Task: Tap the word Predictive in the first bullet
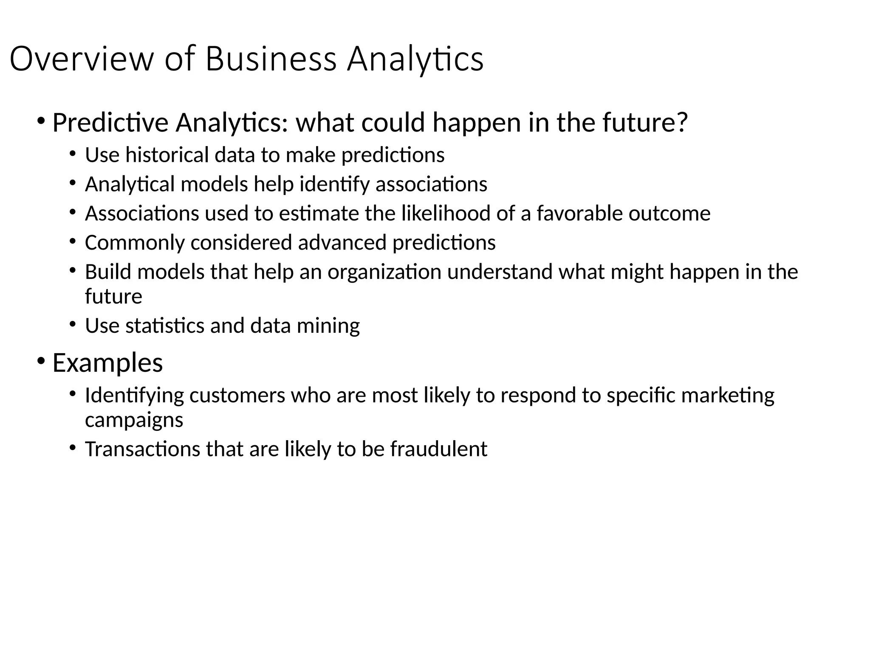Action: pos(110,123)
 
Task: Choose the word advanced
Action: pos(342,243)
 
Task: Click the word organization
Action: pos(384,272)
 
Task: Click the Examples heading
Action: pos(107,363)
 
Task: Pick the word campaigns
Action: pos(134,420)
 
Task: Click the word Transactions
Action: pos(142,449)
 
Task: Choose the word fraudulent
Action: pos(438,449)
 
